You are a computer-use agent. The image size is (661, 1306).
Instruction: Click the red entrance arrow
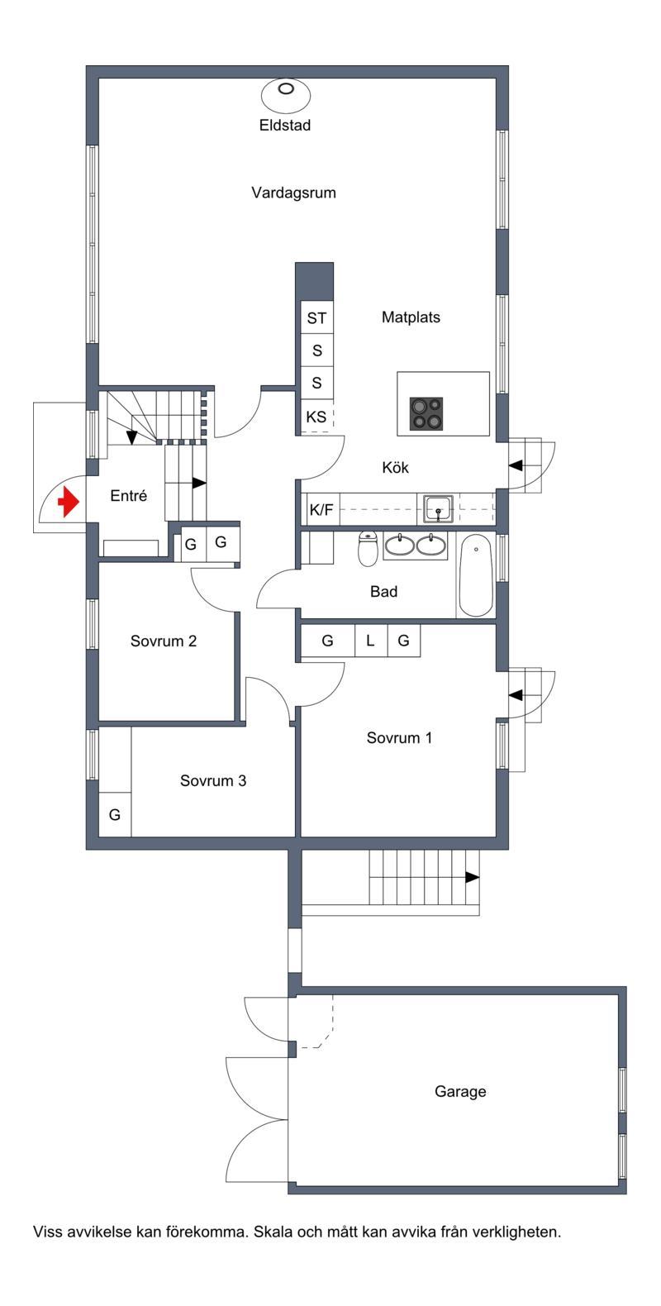(69, 502)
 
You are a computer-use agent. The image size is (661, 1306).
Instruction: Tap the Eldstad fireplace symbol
(286, 94)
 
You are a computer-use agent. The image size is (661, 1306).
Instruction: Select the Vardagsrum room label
(293, 193)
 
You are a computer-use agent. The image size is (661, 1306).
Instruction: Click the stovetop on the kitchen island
(426, 413)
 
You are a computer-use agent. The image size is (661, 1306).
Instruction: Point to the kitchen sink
(439, 508)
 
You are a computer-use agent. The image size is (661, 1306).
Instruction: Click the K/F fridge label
(321, 510)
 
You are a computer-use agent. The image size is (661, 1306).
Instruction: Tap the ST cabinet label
(316, 318)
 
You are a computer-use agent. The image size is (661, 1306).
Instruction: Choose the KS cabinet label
(316, 417)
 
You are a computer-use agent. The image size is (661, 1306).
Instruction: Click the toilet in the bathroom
(368, 549)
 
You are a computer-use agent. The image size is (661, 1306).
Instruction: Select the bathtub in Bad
(476, 575)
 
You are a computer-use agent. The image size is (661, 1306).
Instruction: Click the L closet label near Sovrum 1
(370, 641)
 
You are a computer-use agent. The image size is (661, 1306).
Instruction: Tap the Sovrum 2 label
(164, 641)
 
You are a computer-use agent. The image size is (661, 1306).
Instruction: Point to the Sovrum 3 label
(212, 780)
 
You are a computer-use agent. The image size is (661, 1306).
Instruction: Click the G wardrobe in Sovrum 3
(115, 814)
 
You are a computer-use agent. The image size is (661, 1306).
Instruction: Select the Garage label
(460, 1091)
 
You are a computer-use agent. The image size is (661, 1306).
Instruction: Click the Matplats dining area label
(411, 317)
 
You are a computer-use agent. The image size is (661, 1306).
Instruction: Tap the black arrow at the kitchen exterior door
(516, 465)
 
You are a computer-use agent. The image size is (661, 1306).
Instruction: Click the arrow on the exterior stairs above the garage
(472, 877)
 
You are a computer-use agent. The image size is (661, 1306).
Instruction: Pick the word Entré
(128, 496)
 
